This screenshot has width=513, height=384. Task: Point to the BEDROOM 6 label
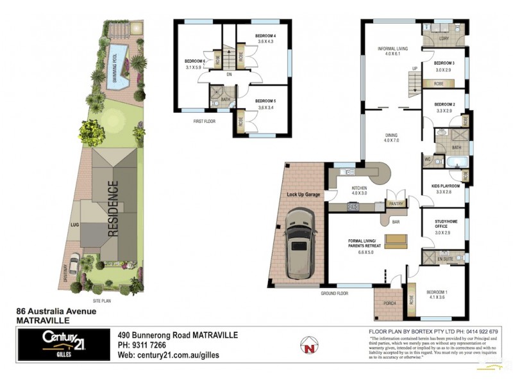(194, 61)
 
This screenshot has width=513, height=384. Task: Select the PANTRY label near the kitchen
(395, 204)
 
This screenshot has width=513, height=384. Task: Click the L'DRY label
(444, 39)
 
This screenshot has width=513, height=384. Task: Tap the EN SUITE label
(444, 258)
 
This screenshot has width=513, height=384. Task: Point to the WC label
(428, 159)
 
